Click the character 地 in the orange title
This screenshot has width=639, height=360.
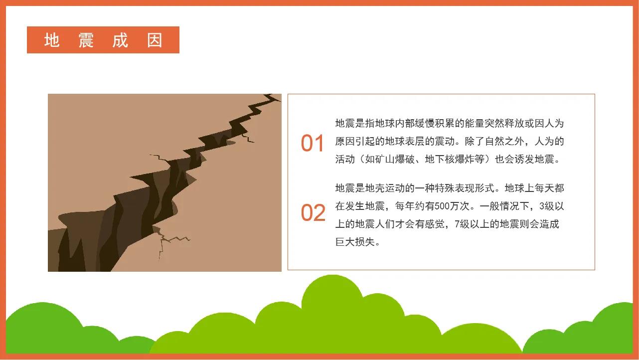[52, 40]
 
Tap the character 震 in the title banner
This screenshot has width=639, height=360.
[86, 40]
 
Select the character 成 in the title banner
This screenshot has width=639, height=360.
[120, 40]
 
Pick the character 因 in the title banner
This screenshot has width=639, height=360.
[155, 40]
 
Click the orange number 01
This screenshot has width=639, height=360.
[313, 144]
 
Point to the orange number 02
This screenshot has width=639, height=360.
[313, 213]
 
